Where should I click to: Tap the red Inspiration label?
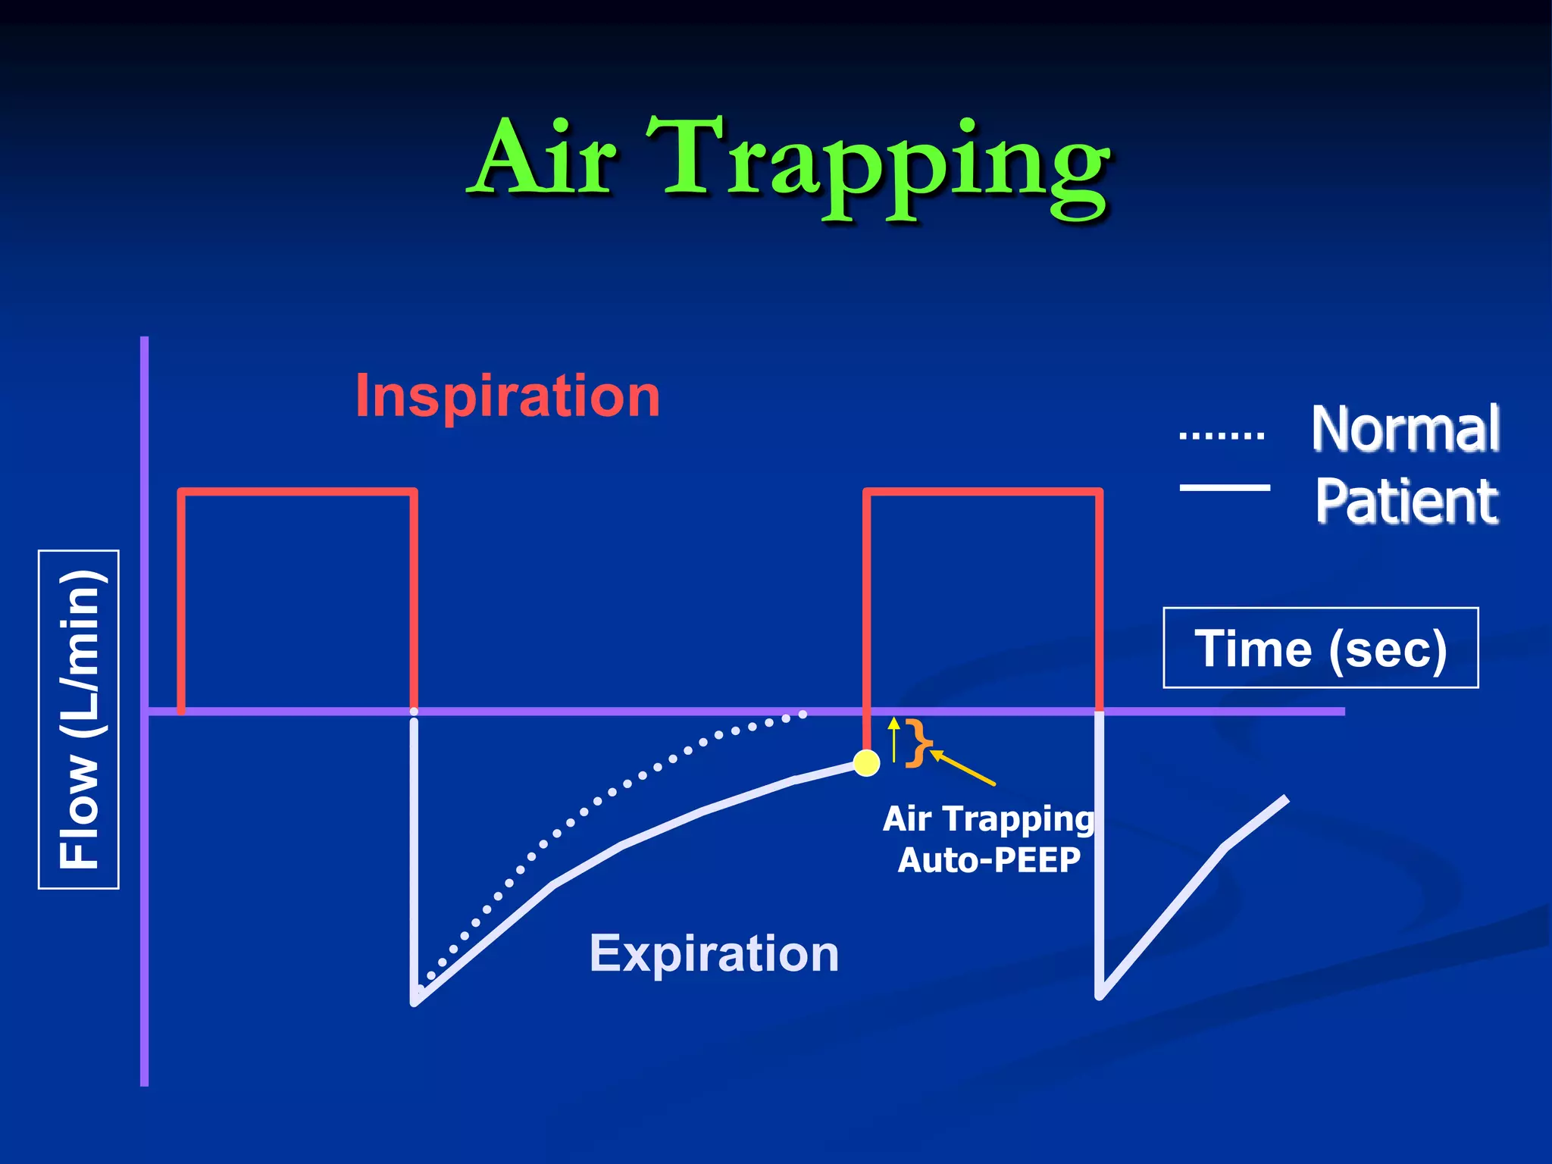[507, 396]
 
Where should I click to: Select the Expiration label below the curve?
[714, 953]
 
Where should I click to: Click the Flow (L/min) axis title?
[79, 719]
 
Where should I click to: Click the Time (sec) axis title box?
[1320, 648]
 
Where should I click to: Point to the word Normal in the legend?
[1405, 429]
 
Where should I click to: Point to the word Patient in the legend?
[1406, 501]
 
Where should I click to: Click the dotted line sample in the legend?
[1222, 436]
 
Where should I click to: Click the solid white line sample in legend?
[1225, 487]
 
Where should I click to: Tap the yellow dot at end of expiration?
[866, 762]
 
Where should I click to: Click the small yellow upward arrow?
[894, 738]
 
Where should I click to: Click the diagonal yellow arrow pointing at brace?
[962, 767]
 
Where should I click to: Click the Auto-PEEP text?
[988, 860]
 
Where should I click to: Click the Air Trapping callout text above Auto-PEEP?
[988, 818]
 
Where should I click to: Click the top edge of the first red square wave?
[297, 492]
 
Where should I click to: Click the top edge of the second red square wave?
[983, 492]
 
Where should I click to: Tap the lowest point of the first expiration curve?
[415, 1002]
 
